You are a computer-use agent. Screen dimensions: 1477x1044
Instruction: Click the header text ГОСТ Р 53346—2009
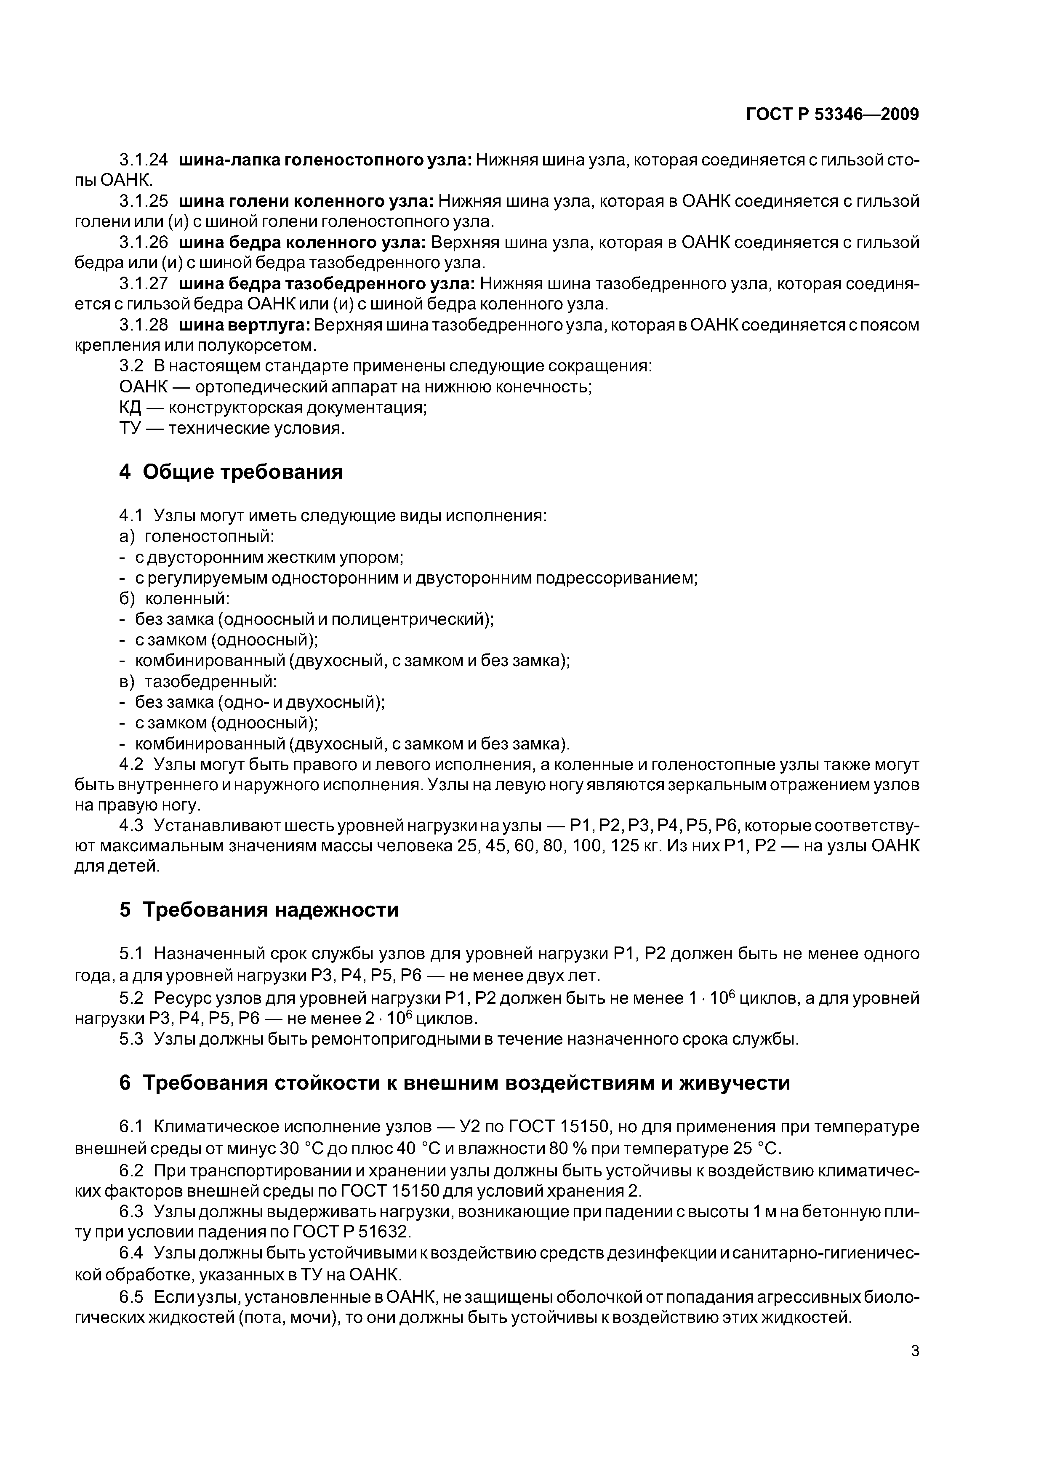click(832, 115)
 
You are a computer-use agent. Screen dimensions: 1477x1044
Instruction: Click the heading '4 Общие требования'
click(231, 472)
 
